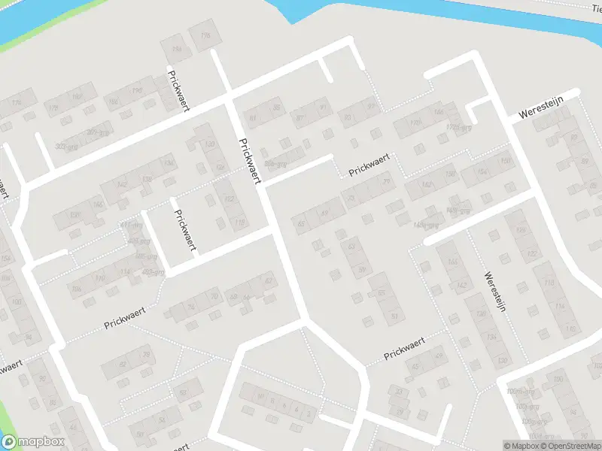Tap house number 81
click(253, 117)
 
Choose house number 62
click(268, 281)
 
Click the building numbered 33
click(400, 392)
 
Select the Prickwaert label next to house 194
click(178, 90)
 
